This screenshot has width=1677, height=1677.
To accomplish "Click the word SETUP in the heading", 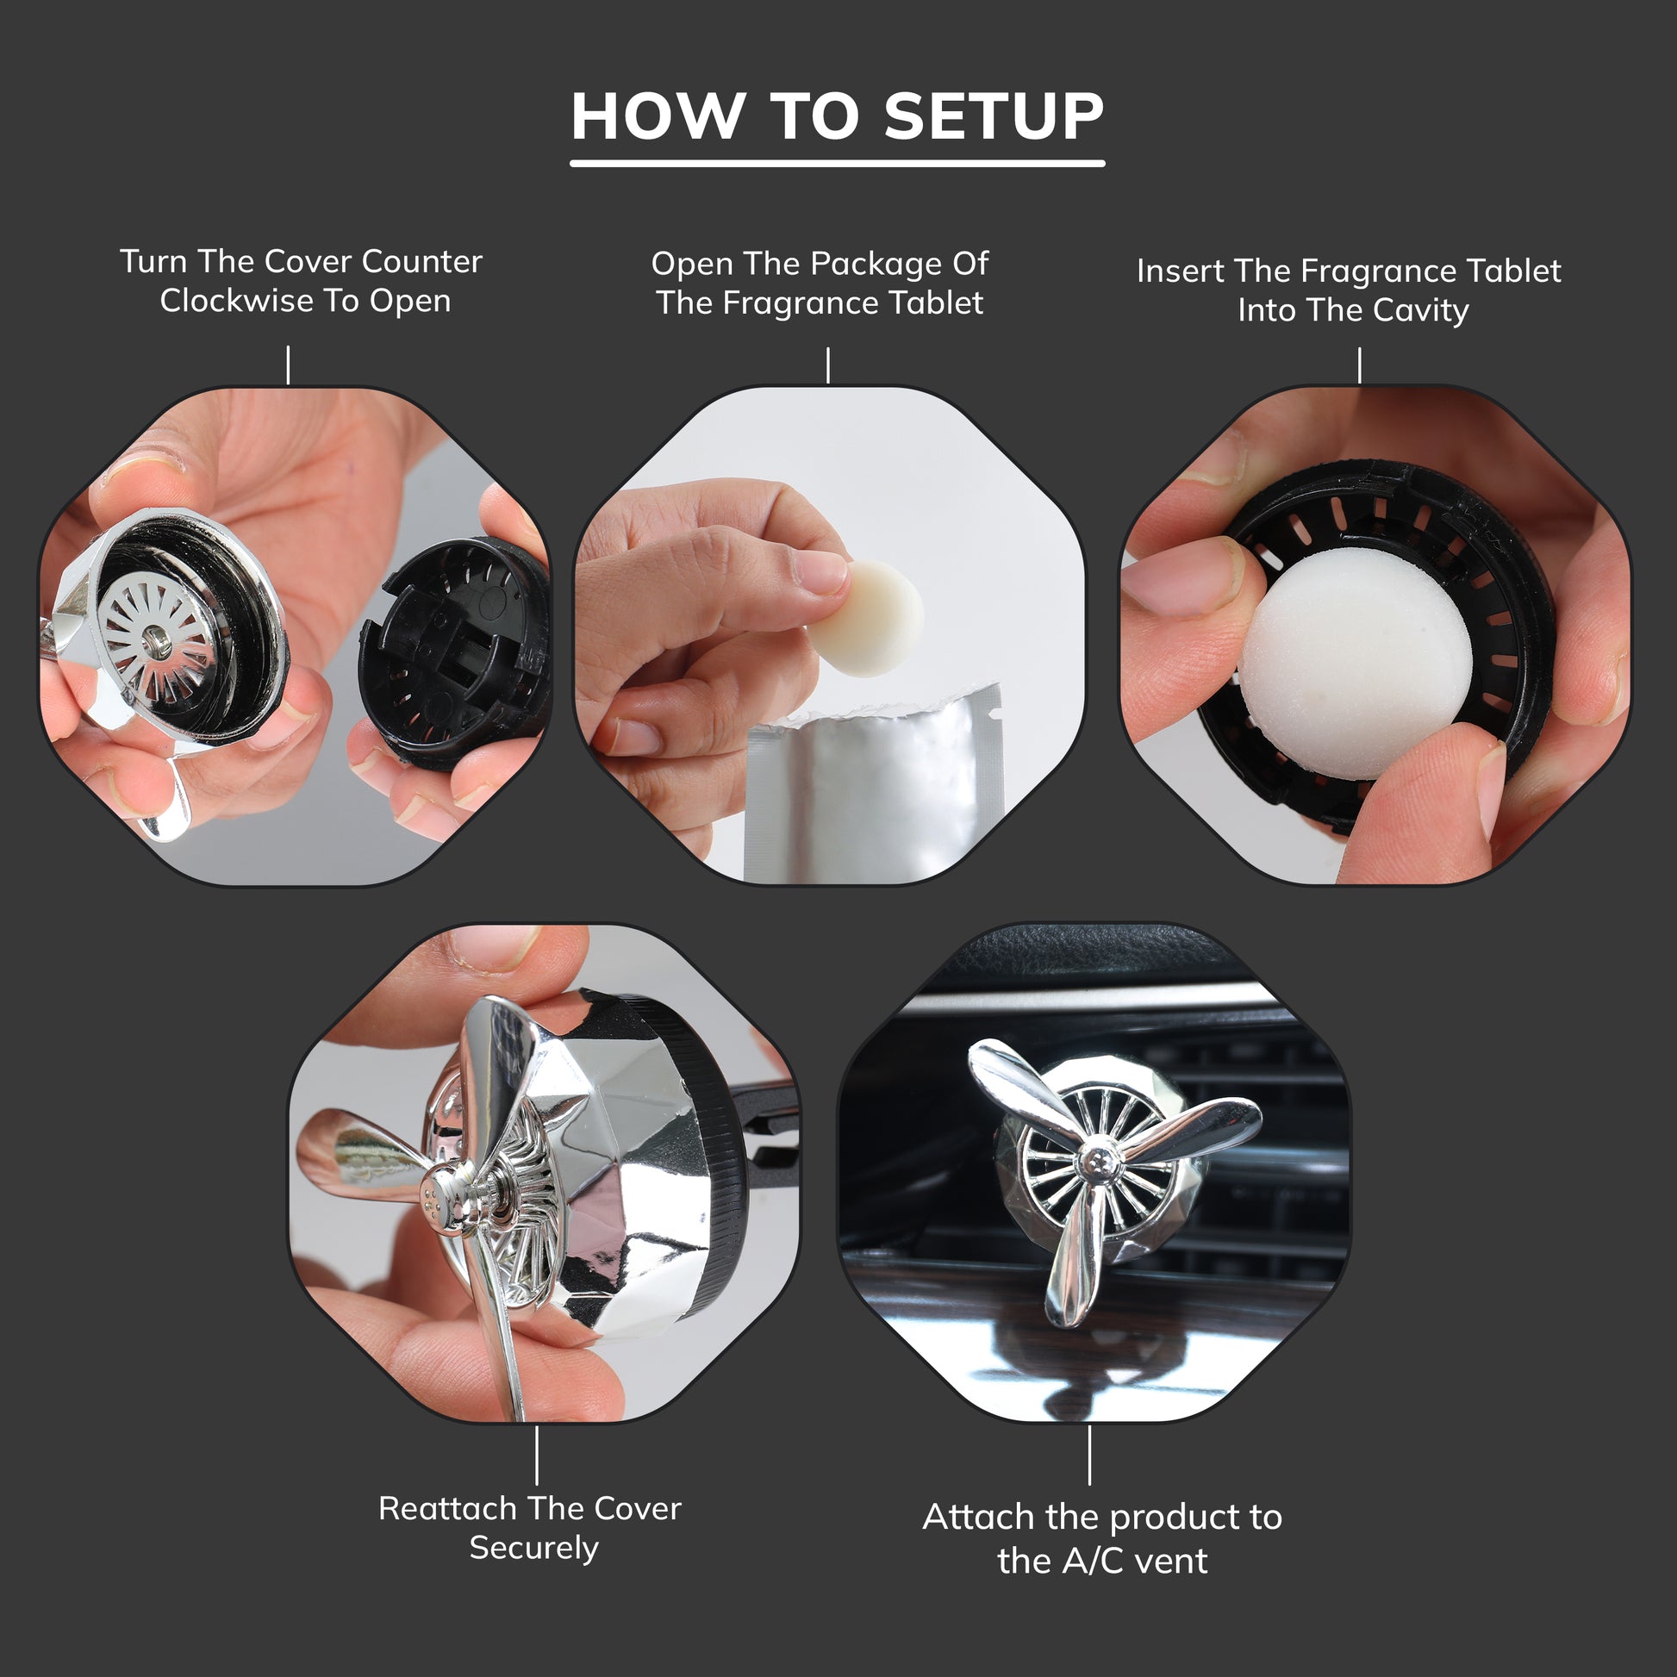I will (994, 116).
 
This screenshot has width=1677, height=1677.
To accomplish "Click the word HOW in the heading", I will (658, 116).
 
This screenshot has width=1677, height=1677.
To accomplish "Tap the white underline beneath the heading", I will (837, 163).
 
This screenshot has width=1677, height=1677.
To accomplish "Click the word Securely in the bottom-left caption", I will (533, 1548).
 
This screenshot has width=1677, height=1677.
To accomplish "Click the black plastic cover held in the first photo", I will (456, 651).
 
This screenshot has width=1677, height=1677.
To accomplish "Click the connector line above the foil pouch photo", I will (828, 365).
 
